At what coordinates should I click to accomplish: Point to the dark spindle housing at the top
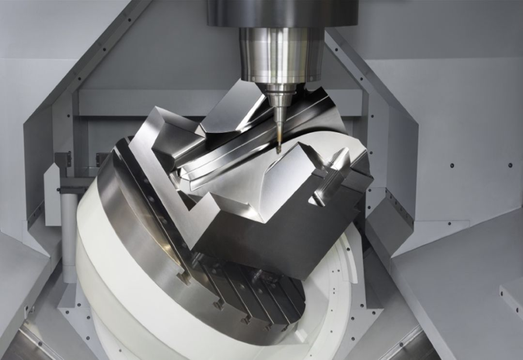282,12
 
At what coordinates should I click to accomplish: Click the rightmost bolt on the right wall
510,166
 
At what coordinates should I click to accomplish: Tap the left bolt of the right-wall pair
452,166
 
